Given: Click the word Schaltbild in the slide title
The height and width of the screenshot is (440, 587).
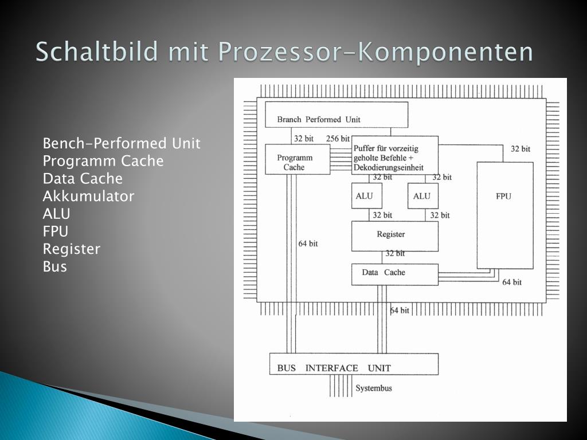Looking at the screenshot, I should pyautogui.click(x=96, y=52).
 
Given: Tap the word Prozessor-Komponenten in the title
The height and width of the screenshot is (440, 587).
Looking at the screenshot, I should pyautogui.click(x=375, y=52).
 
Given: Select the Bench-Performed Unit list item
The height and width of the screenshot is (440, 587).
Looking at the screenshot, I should pyautogui.click(x=122, y=143).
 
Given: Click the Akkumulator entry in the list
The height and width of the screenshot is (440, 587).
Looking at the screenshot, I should pyautogui.click(x=88, y=197).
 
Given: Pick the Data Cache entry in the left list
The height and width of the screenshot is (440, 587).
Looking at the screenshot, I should pyautogui.click(x=83, y=179).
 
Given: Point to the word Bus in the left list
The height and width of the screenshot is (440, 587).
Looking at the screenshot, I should pyautogui.click(x=55, y=267).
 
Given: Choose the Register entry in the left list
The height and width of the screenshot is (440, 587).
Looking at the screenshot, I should pyautogui.click(x=72, y=249).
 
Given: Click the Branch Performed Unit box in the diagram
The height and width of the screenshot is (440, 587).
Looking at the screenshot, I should pyautogui.click(x=336, y=115).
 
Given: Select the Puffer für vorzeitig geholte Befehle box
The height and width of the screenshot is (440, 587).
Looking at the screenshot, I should pyautogui.click(x=394, y=155).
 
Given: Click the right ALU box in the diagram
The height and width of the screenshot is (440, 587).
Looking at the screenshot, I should pyautogui.click(x=422, y=196).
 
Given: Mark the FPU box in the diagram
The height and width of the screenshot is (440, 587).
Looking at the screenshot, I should pyautogui.click(x=504, y=215).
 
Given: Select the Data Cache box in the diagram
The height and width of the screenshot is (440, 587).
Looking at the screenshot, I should pyautogui.click(x=394, y=274).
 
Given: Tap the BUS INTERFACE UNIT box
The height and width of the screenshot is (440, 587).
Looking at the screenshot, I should pyautogui.click(x=354, y=364).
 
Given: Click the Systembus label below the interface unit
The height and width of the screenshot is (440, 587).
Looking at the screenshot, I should pyautogui.click(x=374, y=388).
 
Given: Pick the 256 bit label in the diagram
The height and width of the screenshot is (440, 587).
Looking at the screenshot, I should pyautogui.click(x=338, y=139).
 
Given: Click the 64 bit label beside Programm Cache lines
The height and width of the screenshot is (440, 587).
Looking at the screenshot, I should pyautogui.click(x=308, y=243).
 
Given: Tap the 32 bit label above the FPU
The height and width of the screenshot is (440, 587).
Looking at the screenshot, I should pyautogui.click(x=521, y=149).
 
